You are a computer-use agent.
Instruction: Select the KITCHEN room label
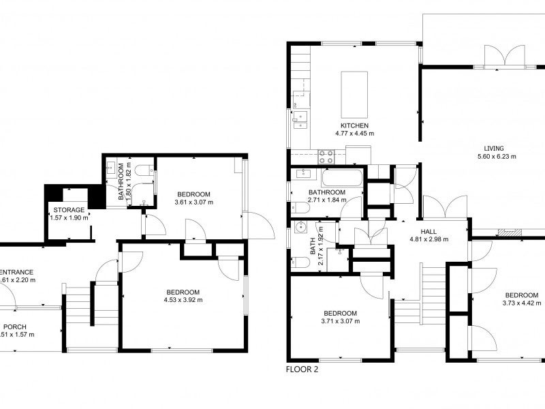[354, 126]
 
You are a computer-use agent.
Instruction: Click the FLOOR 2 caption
[302, 370]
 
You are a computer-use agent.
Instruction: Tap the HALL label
[428, 232]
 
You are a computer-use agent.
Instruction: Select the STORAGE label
[70, 209]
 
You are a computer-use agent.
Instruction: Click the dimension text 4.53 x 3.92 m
[183, 299]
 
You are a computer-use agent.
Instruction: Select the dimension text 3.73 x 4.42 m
[522, 303]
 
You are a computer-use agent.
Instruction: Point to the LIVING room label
[494, 148]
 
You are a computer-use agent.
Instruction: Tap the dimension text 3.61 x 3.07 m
[193, 202]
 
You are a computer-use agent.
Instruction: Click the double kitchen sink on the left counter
[298, 120]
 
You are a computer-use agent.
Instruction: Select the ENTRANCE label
[16, 271]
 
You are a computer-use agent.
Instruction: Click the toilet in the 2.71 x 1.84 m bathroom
[298, 207]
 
